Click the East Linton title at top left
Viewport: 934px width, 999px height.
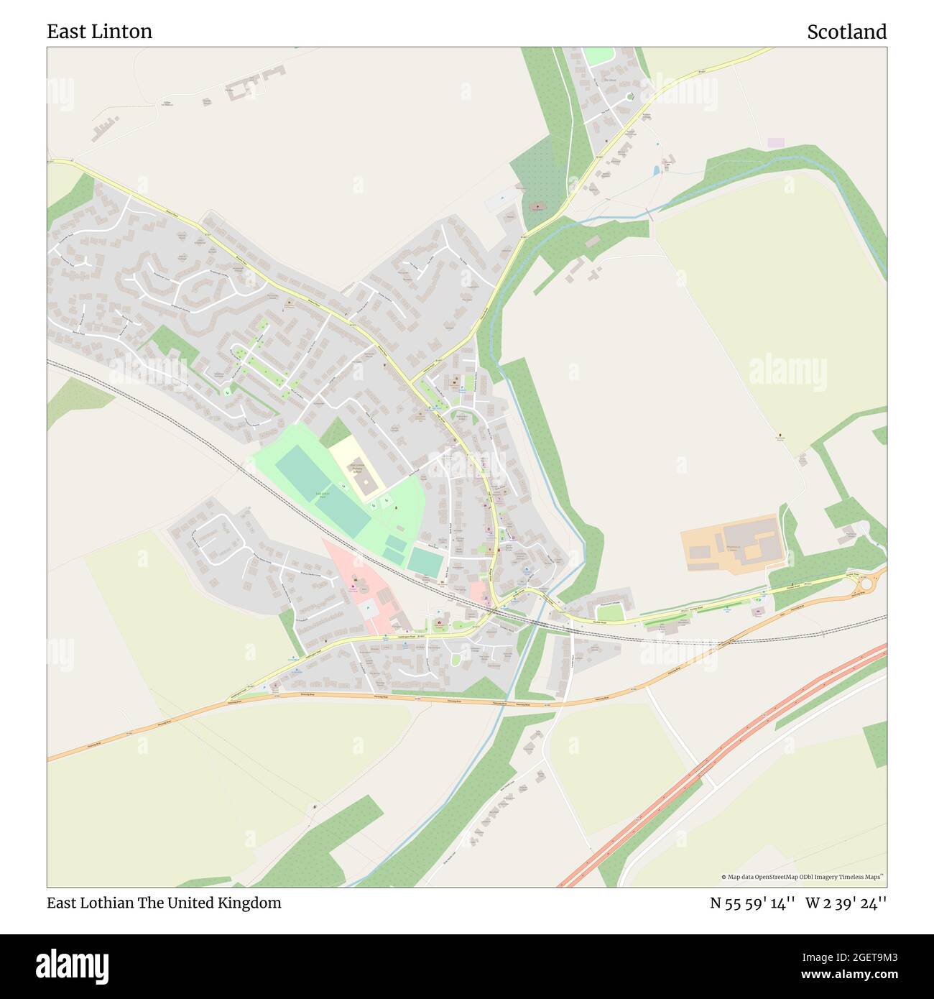(99, 32)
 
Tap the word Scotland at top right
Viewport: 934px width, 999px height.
(846, 32)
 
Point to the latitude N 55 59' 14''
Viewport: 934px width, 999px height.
(752, 903)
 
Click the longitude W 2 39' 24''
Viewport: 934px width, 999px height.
(846, 903)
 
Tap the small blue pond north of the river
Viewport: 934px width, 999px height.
(656, 170)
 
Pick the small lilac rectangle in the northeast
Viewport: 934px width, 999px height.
(776, 143)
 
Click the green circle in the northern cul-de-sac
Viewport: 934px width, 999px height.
(630, 96)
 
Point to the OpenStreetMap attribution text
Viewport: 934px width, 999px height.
(804, 877)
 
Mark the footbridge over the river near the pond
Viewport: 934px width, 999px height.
(649, 213)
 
